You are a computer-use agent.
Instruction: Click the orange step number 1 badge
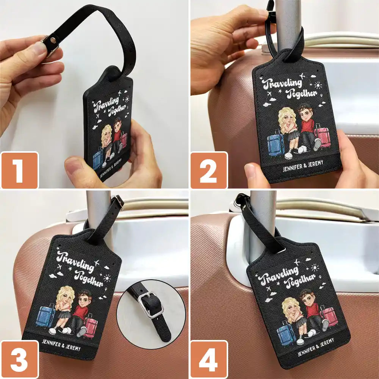(x=19, y=170)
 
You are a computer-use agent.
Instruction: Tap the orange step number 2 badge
(x=209, y=170)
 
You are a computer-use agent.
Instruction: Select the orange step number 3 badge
(x=19, y=359)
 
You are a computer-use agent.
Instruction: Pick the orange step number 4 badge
(x=209, y=359)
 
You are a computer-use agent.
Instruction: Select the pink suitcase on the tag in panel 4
(x=329, y=316)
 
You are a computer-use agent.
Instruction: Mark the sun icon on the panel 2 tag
(x=318, y=85)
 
